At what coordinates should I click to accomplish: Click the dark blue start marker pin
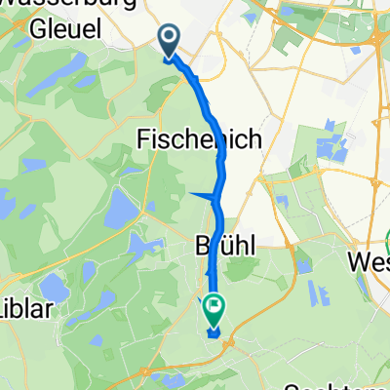[x=169, y=41]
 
